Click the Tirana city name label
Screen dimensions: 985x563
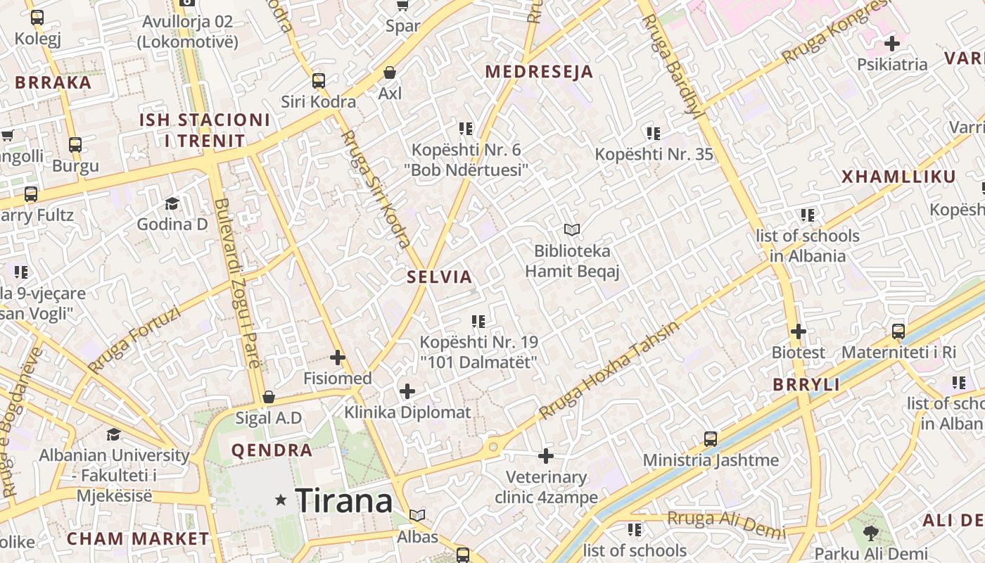pos(344,500)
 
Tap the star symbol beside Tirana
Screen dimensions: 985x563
pos(281,500)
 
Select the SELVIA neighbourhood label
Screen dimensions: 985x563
pos(440,277)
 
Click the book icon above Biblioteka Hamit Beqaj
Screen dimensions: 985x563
pos(572,229)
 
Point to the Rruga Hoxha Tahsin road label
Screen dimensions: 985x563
pos(609,370)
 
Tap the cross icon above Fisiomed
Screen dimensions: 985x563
pos(338,358)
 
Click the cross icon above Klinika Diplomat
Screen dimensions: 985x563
pos(407,391)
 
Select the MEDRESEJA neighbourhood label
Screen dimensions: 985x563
pos(539,72)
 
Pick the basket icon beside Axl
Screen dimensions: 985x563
pos(390,72)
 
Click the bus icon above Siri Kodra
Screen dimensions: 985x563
pos(319,81)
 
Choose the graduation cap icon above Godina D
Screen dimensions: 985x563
pos(172,204)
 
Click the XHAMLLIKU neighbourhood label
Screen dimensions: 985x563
pos(899,177)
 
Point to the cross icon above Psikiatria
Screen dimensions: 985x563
pos(892,44)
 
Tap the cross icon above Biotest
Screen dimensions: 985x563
pos(798,331)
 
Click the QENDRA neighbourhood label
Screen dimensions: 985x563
pos(272,450)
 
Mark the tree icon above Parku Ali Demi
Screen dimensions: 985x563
pos(870,533)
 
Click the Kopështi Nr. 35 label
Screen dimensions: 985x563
pos(654,154)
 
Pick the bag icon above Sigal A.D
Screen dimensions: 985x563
pos(268,398)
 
